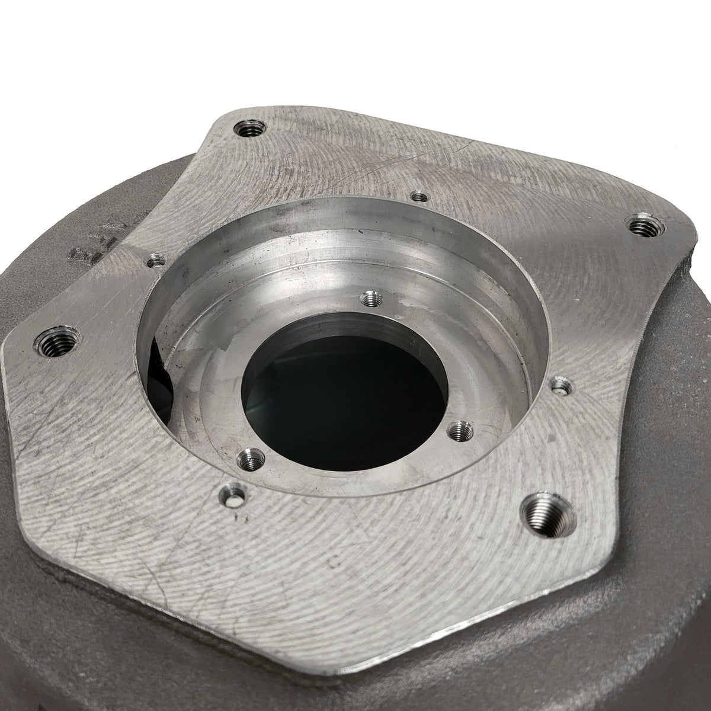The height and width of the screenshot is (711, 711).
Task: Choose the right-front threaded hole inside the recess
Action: coord(460,431)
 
